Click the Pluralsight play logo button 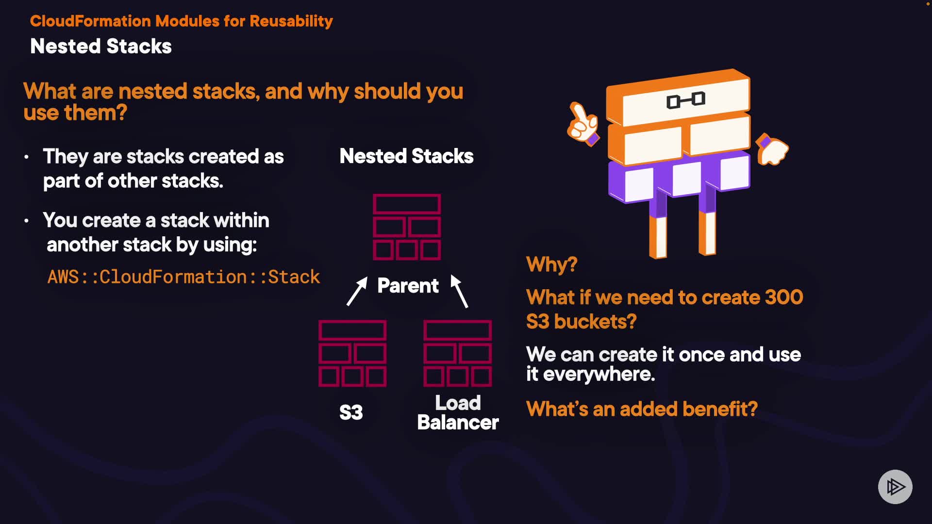895,487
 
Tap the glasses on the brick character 685,100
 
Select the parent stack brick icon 407,227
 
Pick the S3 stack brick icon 352,353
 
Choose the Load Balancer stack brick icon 458,353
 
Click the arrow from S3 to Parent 357,291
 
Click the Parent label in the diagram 408,286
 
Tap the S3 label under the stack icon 351,412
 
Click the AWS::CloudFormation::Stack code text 183,277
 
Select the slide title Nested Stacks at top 101,47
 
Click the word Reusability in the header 291,21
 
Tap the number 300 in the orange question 783,297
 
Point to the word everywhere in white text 599,375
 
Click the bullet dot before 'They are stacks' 27,157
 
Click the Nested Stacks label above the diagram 406,156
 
